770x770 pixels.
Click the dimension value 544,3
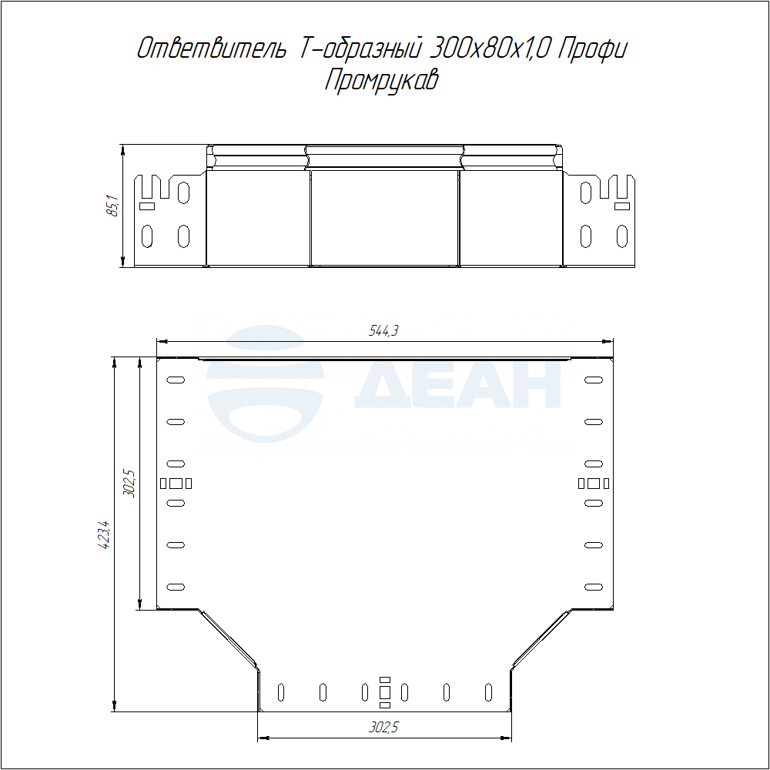(x=383, y=331)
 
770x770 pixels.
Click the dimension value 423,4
(x=105, y=534)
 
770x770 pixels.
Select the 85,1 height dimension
(x=112, y=206)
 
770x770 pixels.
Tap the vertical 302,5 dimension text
(x=129, y=484)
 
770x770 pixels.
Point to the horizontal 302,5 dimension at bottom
(x=383, y=727)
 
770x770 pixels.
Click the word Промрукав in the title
(x=381, y=80)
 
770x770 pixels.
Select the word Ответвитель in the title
(x=211, y=49)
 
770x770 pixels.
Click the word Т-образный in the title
(x=359, y=49)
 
